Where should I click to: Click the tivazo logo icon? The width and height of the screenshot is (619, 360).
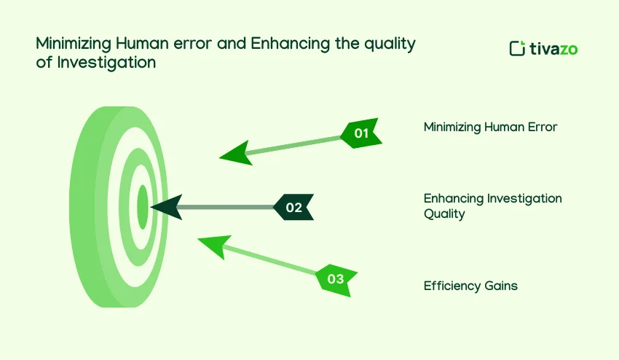tap(517, 49)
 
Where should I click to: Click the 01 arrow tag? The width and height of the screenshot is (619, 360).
tap(361, 133)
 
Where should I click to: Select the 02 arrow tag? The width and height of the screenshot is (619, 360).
tap(293, 208)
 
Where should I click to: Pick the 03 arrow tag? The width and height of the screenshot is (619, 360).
tap(335, 278)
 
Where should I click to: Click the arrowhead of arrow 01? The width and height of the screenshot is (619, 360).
tap(234, 153)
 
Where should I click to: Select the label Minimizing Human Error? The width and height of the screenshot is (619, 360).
tap(490, 128)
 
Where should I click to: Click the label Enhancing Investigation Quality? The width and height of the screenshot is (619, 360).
tap(492, 206)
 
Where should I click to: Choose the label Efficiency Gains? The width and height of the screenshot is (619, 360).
tap(470, 286)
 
